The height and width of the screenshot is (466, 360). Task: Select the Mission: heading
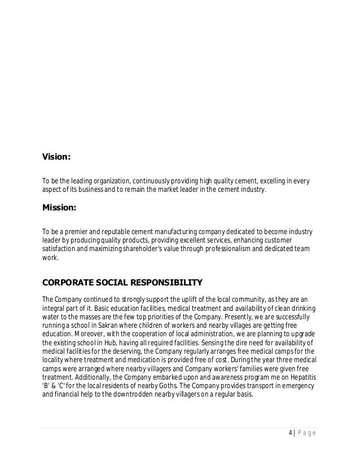tap(59, 208)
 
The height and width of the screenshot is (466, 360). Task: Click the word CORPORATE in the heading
tap(68, 282)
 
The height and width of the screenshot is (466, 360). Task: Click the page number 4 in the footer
tap(289, 433)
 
